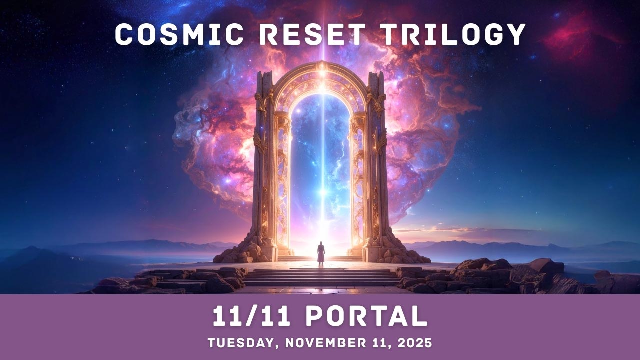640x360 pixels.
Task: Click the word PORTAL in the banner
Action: pos(366,316)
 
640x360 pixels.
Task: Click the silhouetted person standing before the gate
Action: pos(321,252)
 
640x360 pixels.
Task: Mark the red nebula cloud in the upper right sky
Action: pos(575,37)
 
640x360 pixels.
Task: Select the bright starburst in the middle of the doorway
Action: pos(322,192)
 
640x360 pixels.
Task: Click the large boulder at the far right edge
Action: pos(617,282)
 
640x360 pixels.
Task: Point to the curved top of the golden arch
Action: pos(322,80)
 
